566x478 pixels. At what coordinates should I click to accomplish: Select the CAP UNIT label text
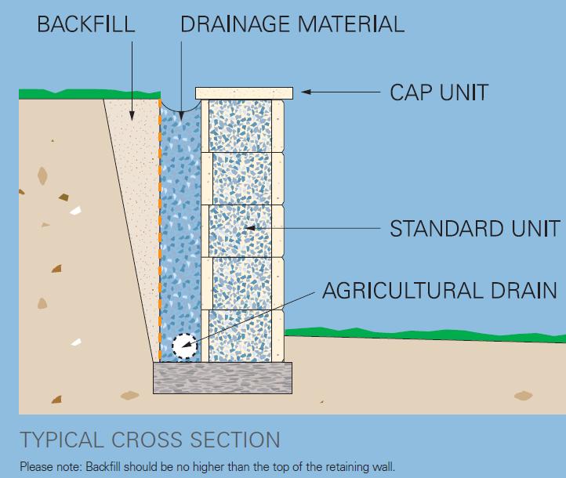pos(439,92)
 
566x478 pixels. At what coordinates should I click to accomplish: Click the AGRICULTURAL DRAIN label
pos(440,292)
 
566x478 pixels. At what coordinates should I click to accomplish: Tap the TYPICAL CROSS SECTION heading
pos(150,440)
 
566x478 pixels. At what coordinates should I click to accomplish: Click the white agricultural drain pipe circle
pos(184,346)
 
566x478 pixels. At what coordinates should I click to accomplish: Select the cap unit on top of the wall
pos(244,93)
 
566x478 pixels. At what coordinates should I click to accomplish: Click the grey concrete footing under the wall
pos(223,377)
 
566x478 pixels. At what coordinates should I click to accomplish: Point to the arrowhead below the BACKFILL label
pos(132,117)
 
